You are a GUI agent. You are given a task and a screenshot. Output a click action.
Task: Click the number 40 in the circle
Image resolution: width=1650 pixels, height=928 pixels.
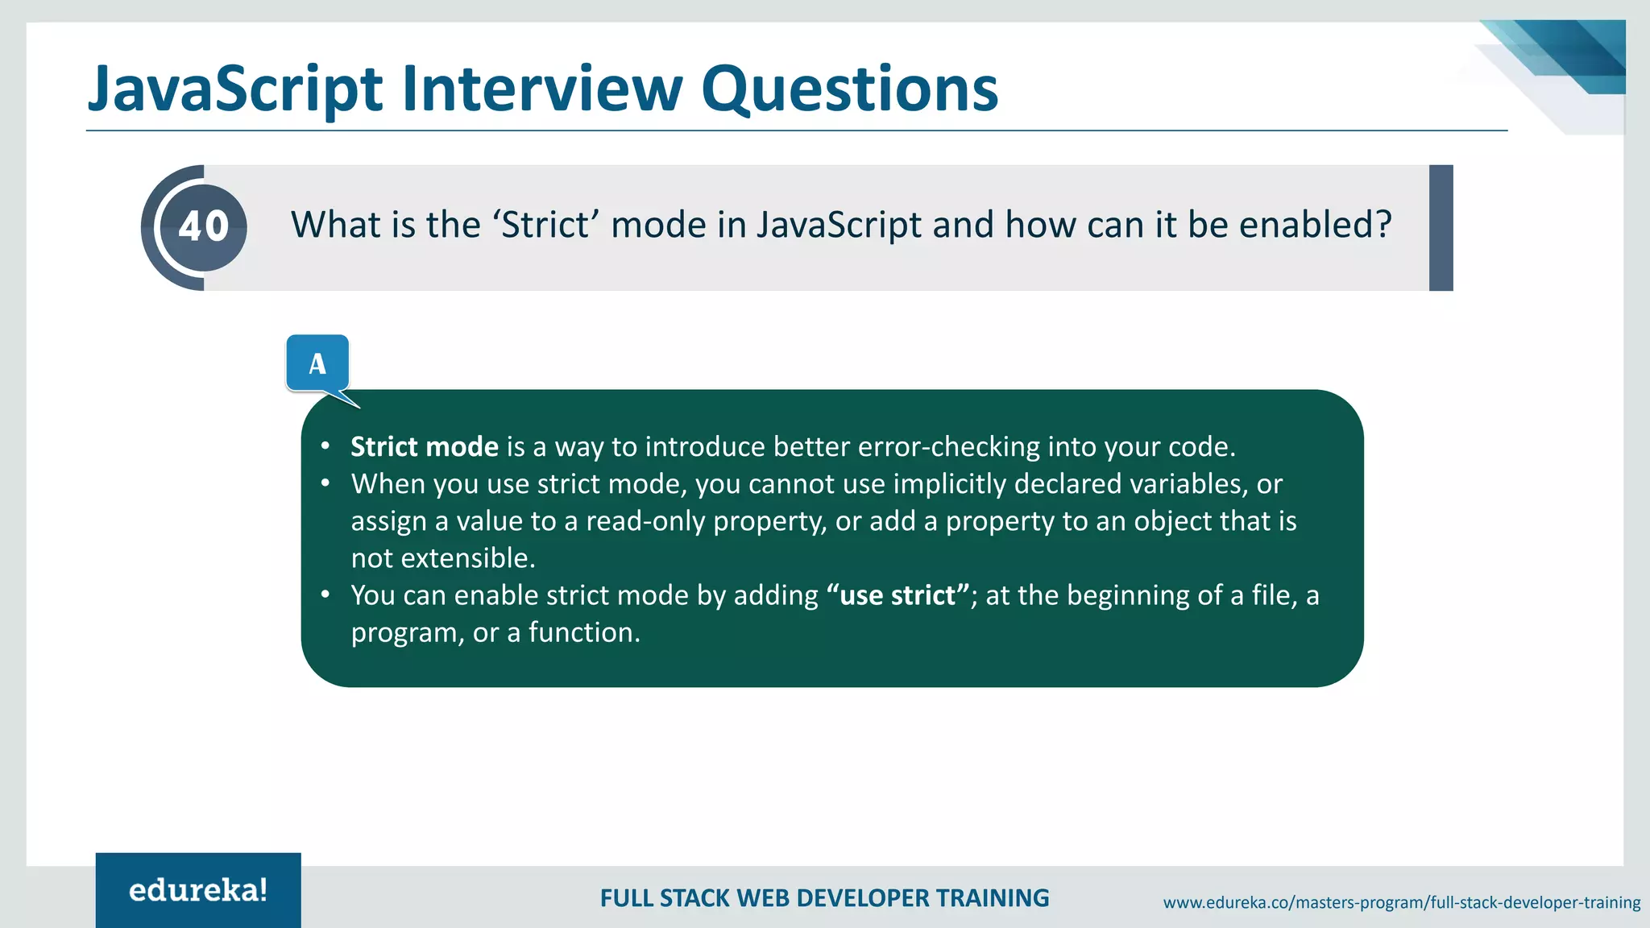click(204, 227)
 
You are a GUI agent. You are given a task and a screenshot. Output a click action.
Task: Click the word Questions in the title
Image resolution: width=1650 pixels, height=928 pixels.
click(849, 89)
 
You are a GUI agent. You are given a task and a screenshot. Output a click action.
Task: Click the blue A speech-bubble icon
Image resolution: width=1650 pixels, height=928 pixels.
click(317, 364)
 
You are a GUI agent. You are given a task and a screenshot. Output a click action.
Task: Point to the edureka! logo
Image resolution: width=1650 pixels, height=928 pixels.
click(198, 890)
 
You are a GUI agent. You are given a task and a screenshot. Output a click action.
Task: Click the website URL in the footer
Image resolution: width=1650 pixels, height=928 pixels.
click(1401, 902)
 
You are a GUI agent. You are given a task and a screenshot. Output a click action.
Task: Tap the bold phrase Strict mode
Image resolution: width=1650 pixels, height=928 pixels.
click(425, 446)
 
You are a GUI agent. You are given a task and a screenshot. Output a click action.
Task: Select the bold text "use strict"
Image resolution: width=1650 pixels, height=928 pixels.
click(898, 595)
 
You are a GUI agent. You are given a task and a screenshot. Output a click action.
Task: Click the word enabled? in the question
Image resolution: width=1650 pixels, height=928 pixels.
click(1315, 225)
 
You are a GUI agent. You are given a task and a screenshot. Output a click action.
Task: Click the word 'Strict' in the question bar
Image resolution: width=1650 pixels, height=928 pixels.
click(545, 225)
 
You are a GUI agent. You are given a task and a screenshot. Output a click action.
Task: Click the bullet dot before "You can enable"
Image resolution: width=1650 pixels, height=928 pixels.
click(325, 594)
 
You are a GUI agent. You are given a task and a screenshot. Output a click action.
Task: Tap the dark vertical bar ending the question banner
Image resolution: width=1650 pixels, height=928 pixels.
click(1441, 228)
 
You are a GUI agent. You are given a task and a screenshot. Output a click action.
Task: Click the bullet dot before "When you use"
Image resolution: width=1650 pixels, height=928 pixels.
click(325, 483)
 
